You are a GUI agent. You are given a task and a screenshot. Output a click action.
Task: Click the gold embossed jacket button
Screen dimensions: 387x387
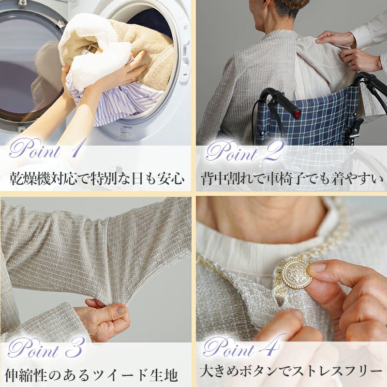click(297, 273)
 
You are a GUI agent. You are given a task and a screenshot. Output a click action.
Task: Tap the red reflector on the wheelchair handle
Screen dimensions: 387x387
click(298, 114)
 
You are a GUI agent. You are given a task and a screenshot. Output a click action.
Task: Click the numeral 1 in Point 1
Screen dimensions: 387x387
click(76, 149)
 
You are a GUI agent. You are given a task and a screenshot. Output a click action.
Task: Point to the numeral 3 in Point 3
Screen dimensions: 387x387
click(74, 347)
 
